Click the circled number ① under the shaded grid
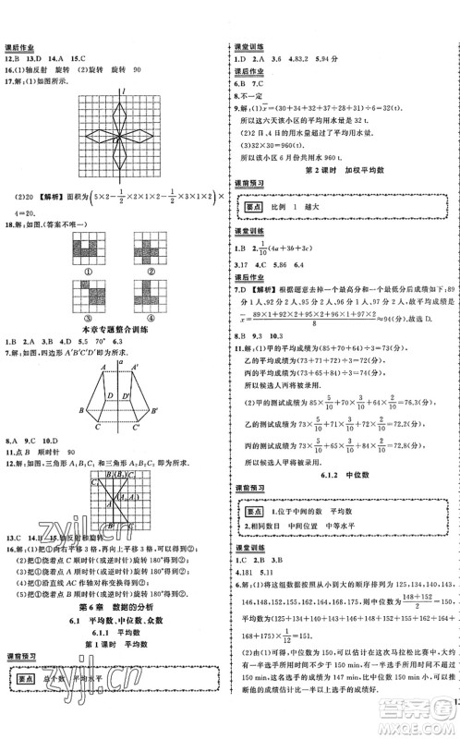pyautogui.click(x=95, y=271)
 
